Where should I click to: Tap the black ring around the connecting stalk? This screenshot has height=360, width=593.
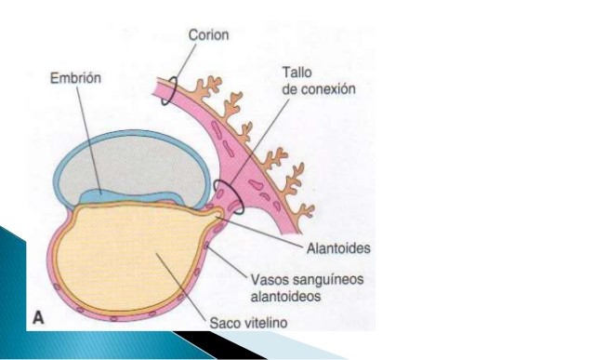pyautogui.click(x=229, y=195)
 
